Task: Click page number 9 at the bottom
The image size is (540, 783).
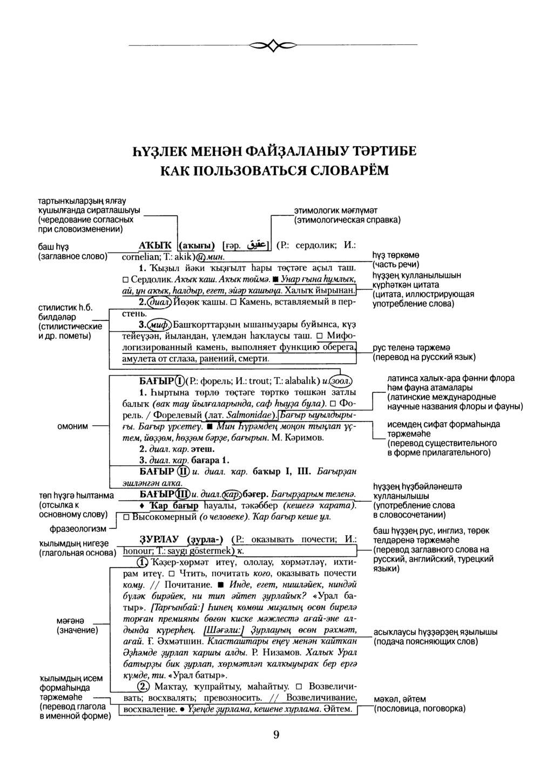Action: tap(276, 734)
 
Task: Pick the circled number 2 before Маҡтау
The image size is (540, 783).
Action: tap(144, 687)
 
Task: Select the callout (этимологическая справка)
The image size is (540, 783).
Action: tap(346, 220)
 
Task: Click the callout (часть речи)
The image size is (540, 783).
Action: tap(396, 264)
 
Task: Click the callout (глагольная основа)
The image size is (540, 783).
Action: tap(78, 553)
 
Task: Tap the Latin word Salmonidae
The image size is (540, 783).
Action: tap(249, 416)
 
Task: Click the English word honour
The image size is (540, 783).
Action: tap(139, 551)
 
